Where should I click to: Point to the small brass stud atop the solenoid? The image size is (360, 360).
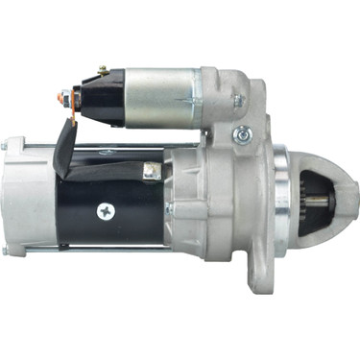103,70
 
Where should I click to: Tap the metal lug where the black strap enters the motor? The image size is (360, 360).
151,172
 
